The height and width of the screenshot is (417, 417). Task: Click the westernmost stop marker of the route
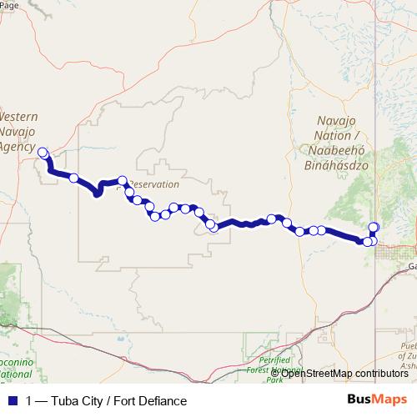click(x=43, y=153)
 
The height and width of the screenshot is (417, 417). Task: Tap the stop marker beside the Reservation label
click(x=123, y=180)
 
